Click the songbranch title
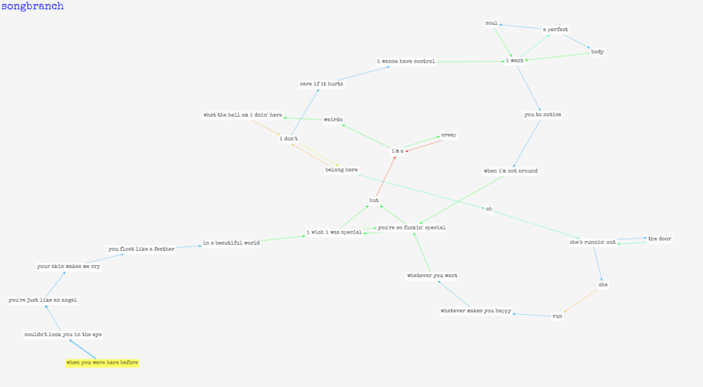tap(32, 6)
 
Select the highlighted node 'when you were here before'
tap(102, 362)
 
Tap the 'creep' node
tap(448, 135)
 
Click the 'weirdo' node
tap(333, 120)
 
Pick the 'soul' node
tap(492, 23)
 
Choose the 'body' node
tap(597, 52)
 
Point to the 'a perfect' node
tap(555, 30)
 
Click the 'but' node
tap(374, 200)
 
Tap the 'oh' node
tap(489, 209)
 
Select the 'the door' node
tap(660, 239)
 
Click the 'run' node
tap(557, 316)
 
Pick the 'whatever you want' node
tap(433, 275)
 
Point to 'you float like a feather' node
tap(141, 249)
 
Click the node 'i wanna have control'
tap(406, 61)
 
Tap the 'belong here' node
tap(342, 170)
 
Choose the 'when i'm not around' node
tap(511, 170)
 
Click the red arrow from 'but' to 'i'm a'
tap(386, 177)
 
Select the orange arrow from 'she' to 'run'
tap(581, 301)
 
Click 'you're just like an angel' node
tap(43, 300)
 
